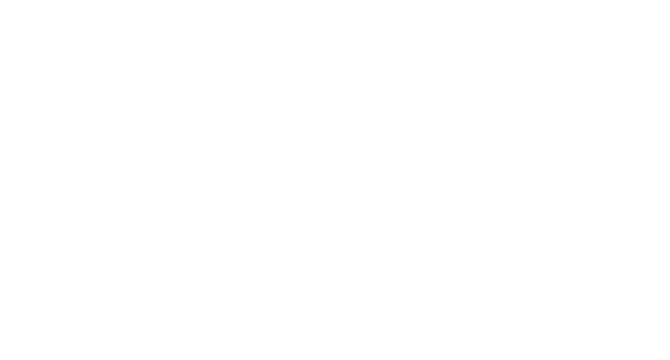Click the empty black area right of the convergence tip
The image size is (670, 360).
tap(537, 281)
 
